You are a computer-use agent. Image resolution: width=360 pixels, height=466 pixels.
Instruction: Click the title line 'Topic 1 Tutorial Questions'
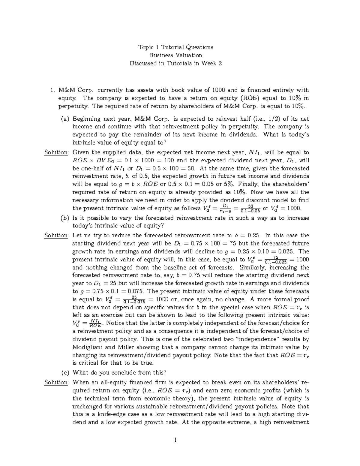[175, 47]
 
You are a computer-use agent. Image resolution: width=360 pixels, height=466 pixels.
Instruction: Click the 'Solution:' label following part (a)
[56, 152]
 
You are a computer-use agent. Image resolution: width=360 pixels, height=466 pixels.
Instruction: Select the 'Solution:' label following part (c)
[56, 382]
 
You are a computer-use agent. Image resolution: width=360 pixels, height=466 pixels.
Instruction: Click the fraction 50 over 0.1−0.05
[251, 209]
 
